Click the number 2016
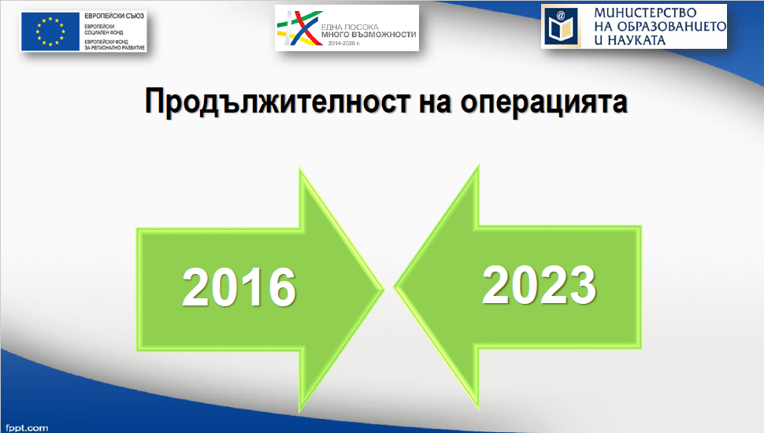pyautogui.click(x=239, y=287)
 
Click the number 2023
pyautogui.click(x=539, y=285)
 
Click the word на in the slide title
pyautogui.click(x=435, y=103)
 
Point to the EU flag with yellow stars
pyautogui.click(x=50, y=31)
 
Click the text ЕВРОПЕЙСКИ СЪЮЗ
pyautogui.click(x=114, y=16)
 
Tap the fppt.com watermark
pyautogui.click(x=27, y=428)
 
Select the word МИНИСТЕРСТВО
pyautogui.click(x=645, y=13)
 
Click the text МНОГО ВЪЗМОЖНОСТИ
pyautogui.click(x=369, y=35)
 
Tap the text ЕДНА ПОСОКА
pyautogui.click(x=350, y=28)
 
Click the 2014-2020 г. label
pyautogui.click(x=344, y=43)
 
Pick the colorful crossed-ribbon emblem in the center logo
pyautogui.click(x=299, y=28)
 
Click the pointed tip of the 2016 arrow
pyautogui.click(x=384, y=289)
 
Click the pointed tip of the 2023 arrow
pyautogui.click(x=394, y=287)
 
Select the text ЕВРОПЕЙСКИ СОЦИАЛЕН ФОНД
pyautogui.click(x=103, y=29)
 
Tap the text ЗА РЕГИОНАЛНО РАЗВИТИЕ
pyautogui.click(x=114, y=48)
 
